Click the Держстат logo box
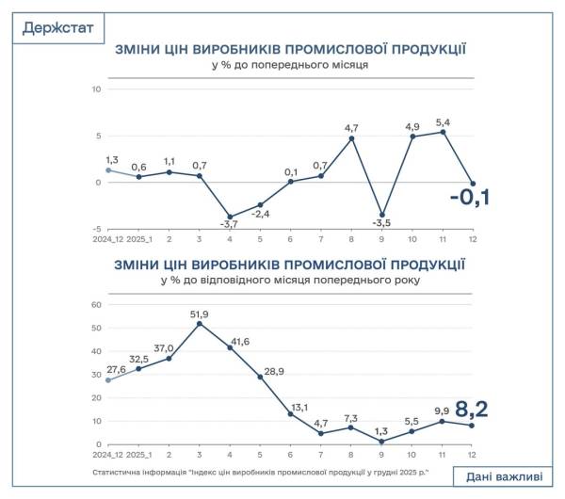(58, 27)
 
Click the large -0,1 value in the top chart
(471, 199)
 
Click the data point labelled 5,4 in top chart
(443, 132)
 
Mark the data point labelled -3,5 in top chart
(381, 215)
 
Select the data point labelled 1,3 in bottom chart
(381, 442)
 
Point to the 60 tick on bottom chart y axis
(94, 305)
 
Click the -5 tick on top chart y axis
(96, 229)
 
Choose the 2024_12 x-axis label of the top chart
(106, 240)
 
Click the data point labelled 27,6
(107, 380)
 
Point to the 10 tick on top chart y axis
(95, 89)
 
